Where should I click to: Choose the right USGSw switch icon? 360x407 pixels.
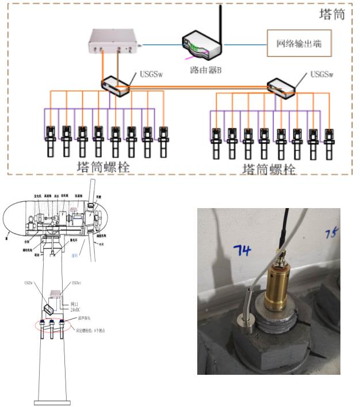[281, 86]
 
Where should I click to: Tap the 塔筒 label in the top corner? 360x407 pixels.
[331, 14]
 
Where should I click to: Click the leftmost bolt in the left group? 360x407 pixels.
[51, 141]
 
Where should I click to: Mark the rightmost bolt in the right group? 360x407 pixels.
[329, 144]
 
